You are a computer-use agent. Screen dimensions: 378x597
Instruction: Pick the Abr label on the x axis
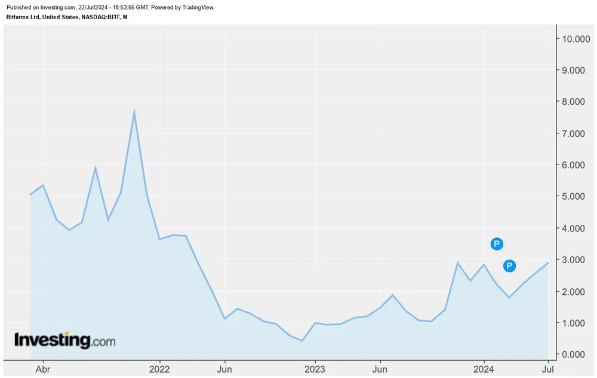pos(43,369)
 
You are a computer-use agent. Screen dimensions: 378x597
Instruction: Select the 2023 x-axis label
pos(315,369)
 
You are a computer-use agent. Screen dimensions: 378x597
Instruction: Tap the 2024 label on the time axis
pos(484,369)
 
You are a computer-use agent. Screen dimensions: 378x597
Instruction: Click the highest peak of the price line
pos(134,111)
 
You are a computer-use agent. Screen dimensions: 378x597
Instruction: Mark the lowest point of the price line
pos(303,340)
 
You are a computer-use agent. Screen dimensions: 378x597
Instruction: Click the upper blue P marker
pos(497,243)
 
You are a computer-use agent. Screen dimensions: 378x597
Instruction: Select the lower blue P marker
pos(509,266)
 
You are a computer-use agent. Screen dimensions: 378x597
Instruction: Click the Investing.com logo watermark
pos(64,340)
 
